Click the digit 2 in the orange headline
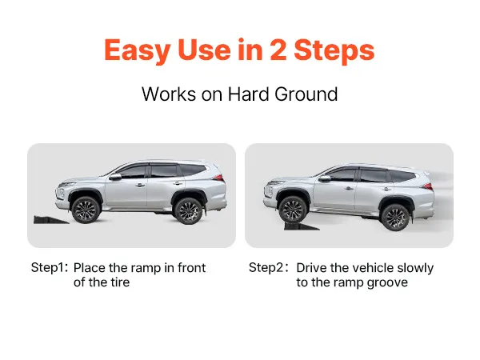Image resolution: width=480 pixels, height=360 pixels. [x=278, y=50]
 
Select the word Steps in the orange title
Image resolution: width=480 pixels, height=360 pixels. [x=334, y=51]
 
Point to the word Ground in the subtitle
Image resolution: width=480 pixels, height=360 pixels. [x=306, y=94]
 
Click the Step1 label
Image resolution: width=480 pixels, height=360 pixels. [x=49, y=267]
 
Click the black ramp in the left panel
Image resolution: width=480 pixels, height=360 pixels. [x=51, y=220]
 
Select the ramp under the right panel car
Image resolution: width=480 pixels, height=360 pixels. [x=302, y=226]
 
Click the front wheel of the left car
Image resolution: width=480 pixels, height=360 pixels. [x=86, y=210]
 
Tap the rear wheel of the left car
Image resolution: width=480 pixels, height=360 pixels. [x=188, y=211]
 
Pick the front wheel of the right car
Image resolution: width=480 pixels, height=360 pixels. [x=293, y=209]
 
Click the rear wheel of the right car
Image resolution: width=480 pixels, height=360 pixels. [x=395, y=217]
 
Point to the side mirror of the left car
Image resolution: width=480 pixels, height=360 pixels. [x=115, y=177]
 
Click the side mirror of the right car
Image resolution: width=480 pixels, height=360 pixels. [x=324, y=178]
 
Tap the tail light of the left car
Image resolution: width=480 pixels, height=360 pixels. [x=219, y=178]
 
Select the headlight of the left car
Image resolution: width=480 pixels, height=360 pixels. [x=66, y=184]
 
